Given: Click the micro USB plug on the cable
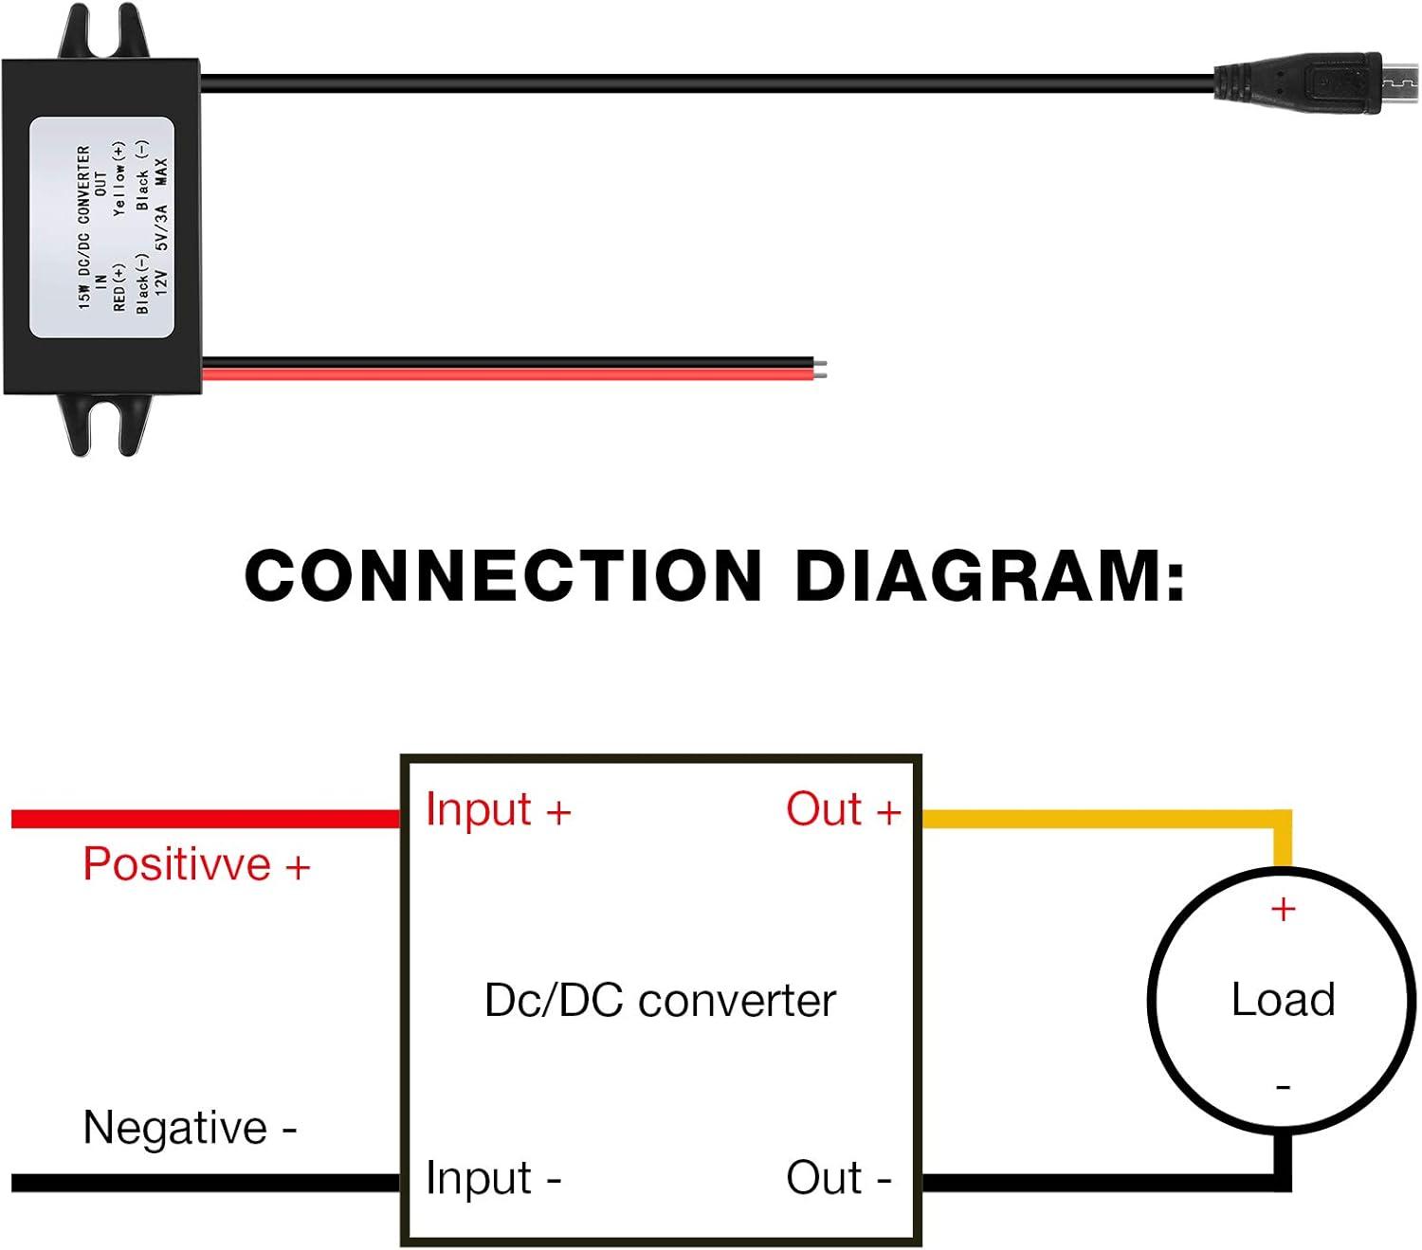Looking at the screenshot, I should click(x=1318, y=83).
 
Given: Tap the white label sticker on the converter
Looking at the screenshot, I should click(x=101, y=227).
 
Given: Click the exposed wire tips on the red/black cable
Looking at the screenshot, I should click(x=822, y=369).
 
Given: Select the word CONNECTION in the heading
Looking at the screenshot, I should click(x=503, y=576).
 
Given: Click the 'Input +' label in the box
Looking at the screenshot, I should click(x=498, y=810).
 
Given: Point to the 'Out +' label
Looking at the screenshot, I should click(x=843, y=810).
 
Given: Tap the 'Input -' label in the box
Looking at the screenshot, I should click(x=493, y=1178).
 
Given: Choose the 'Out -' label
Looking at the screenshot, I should click(x=838, y=1178).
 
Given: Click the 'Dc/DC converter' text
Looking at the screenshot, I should click(x=660, y=1001).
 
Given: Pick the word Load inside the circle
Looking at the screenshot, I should click(x=1283, y=1000).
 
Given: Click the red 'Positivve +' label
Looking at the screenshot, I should click(x=196, y=864).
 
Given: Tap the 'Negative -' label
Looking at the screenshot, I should click(x=190, y=1128).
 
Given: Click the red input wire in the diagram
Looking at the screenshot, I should click(x=204, y=819).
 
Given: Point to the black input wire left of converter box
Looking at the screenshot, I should click(x=204, y=1182).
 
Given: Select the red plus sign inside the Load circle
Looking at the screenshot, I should click(x=1283, y=910).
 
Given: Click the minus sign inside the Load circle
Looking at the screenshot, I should click(x=1283, y=1087).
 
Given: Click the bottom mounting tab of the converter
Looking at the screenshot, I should click(x=105, y=425).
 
